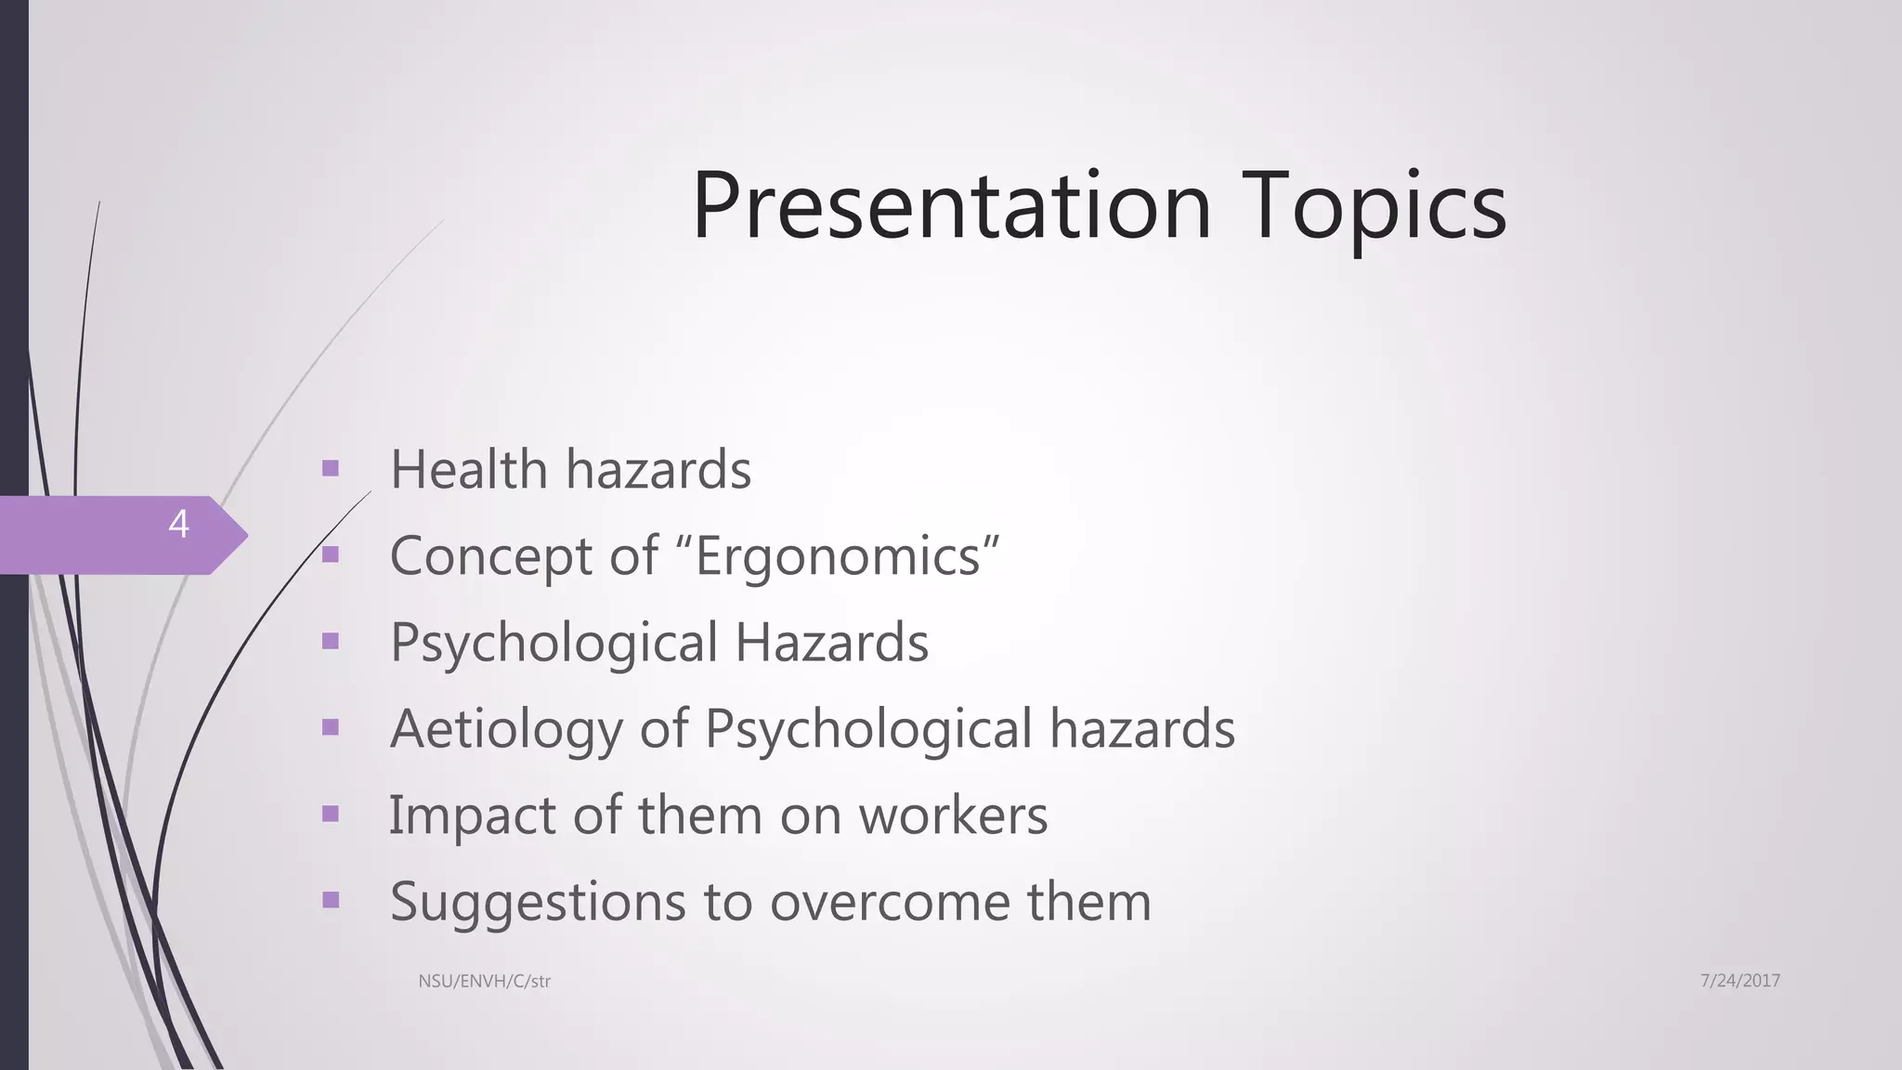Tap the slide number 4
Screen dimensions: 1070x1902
tap(178, 525)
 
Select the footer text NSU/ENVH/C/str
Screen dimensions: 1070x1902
tap(484, 981)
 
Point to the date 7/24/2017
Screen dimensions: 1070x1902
tap(1739, 981)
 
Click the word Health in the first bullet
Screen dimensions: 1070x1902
tap(468, 469)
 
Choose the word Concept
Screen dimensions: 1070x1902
tap(491, 556)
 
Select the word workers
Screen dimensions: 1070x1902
tap(953, 816)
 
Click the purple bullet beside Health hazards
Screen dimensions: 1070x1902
tap(330, 468)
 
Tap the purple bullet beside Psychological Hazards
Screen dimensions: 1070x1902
tap(330, 641)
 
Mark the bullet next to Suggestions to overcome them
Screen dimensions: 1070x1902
tap(330, 899)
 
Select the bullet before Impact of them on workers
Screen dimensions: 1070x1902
tap(330, 814)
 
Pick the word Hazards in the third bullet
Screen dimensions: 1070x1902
tap(831, 642)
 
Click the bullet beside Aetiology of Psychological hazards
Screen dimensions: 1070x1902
tap(330, 727)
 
